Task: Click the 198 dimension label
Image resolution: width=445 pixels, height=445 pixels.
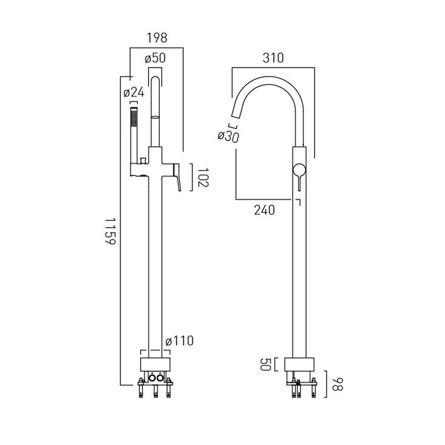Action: (x=157, y=38)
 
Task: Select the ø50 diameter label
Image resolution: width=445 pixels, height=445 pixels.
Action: (x=155, y=58)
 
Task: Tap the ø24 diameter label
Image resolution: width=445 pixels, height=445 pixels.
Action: (x=134, y=93)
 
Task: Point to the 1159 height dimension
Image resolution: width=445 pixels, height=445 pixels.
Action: (x=110, y=231)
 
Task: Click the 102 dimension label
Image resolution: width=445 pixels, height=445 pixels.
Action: (x=203, y=177)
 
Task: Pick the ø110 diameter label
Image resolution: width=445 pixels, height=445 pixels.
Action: (x=179, y=341)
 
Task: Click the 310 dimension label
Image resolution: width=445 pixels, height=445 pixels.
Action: (x=273, y=58)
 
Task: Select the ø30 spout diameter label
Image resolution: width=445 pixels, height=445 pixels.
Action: (x=228, y=136)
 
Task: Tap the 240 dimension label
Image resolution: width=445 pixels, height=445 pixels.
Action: (x=264, y=210)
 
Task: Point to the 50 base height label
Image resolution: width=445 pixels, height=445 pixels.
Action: (x=266, y=364)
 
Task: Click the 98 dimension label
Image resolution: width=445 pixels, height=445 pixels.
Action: (x=337, y=384)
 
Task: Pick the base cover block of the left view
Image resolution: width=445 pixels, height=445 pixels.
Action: (x=155, y=364)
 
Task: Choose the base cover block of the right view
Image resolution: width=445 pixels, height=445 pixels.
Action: (x=299, y=364)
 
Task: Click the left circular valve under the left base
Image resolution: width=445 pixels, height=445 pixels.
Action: (x=152, y=378)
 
